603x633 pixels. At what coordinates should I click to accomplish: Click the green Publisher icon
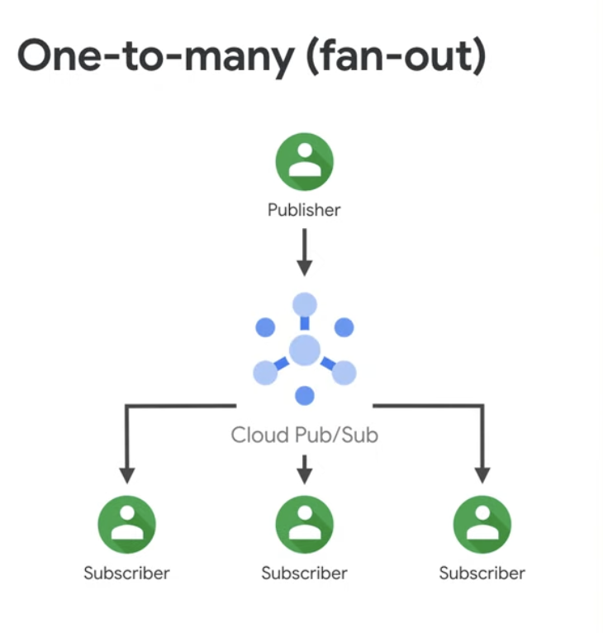click(304, 162)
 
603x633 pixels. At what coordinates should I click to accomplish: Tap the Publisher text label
click(304, 210)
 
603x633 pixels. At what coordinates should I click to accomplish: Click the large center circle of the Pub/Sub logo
click(305, 350)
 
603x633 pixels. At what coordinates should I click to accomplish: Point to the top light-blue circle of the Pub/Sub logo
click(305, 304)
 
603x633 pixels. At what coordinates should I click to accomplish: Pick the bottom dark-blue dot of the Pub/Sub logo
click(305, 395)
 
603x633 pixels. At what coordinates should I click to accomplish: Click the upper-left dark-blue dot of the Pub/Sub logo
click(265, 327)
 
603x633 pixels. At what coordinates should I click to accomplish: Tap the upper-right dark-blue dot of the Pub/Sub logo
click(344, 327)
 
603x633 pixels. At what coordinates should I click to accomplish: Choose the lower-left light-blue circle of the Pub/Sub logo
click(265, 373)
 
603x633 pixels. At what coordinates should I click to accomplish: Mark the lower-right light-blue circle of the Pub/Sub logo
click(344, 373)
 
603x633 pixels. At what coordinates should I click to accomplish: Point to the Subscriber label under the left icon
click(126, 573)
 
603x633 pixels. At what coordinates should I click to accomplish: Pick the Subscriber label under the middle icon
click(304, 573)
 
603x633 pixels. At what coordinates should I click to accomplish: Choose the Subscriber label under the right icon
click(482, 573)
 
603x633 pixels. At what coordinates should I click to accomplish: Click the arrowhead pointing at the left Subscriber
click(126, 475)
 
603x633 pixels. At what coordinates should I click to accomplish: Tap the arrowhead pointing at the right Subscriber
click(482, 475)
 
